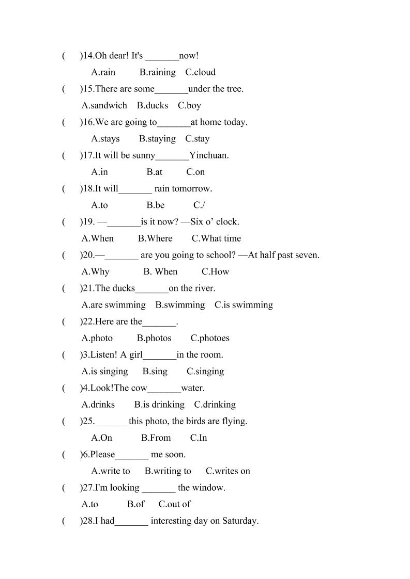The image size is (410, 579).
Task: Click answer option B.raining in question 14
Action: (157, 72)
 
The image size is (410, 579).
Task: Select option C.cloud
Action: (200, 72)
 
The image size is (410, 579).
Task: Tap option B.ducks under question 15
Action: (153, 105)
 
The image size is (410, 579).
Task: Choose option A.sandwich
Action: (104, 105)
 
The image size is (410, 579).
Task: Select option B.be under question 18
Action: (155, 205)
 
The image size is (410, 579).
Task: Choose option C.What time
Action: (216, 238)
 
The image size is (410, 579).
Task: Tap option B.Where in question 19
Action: (155, 238)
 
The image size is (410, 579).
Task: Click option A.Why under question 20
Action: (95, 271)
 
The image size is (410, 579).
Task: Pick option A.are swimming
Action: (113, 305)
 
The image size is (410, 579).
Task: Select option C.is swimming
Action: (244, 305)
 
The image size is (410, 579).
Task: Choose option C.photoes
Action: (210, 338)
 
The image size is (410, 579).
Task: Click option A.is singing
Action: (104, 371)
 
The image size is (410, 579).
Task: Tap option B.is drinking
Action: (159, 405)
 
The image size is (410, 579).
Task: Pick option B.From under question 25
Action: (156, 438)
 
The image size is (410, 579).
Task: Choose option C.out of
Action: (174, 504)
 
